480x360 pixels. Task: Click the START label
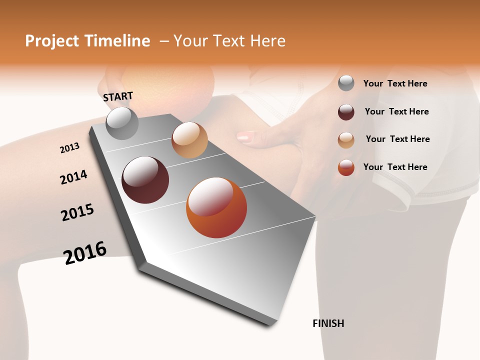[x=118, y=96]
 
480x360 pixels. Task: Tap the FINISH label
[x=328, y=323]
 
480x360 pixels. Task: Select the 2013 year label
[x=69, y=148]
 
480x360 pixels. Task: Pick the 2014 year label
[x=73, y=177]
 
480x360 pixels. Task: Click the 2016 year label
[x=85, y=252]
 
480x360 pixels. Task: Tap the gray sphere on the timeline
[x=122, y=123]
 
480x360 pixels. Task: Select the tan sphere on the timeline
[x=189, y=140]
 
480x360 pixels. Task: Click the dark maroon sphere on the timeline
[x=145, y=180]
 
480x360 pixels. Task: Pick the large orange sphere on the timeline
[x=216, y=207]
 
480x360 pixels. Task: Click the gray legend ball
[x=346, y=83]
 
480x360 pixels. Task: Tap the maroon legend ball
[x=346, y=112]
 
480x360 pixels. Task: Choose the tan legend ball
[x=346, y=140]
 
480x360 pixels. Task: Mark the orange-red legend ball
[x=346, y=167]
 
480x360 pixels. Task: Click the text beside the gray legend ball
[x=395, y=84]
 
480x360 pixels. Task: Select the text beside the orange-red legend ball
[x=395, y=167]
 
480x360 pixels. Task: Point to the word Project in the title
[x=51, y=41]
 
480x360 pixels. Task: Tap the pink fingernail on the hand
[x=244, y=136]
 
